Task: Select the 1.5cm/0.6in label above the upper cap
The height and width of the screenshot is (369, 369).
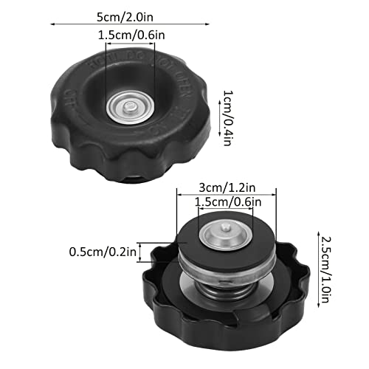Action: (x=130, y=34)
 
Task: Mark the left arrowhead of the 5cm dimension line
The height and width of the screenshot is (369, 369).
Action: (x=51, y=23)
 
